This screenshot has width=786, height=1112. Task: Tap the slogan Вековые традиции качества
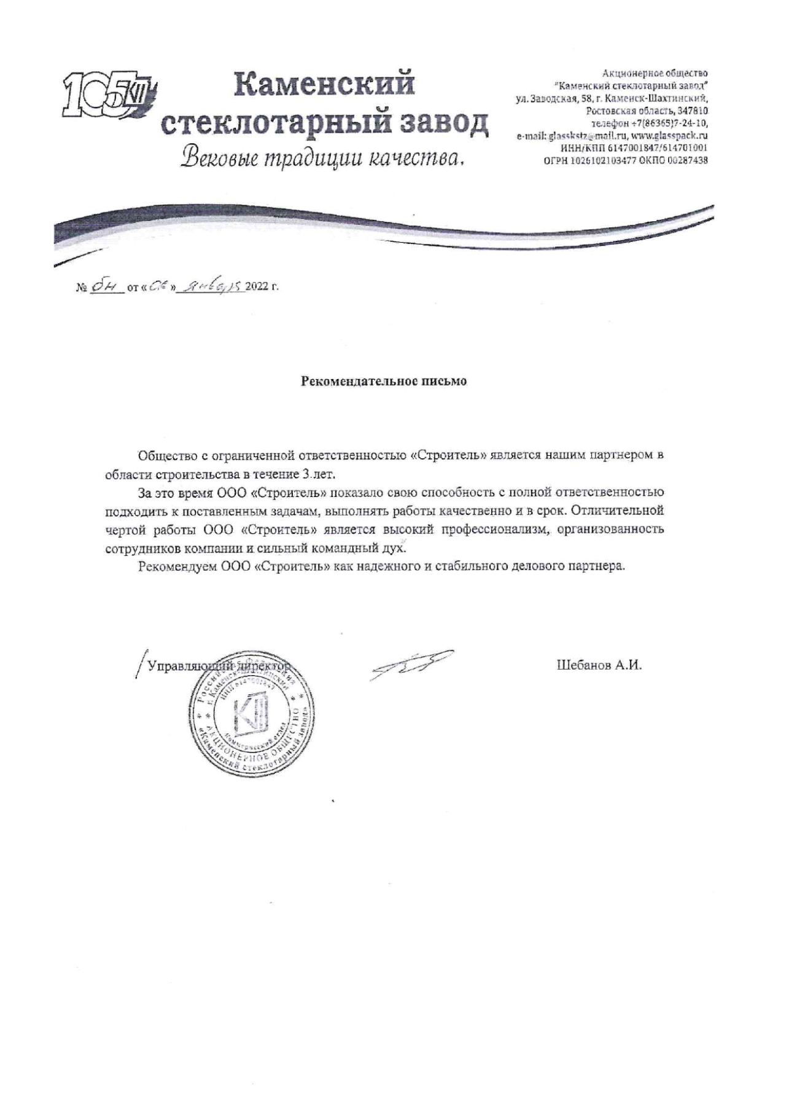tap(321, 158)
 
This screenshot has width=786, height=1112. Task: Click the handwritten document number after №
tap(102, 286)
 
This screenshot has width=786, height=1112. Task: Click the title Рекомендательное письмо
tap(384, 382)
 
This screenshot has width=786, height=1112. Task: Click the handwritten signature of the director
tap(411, 665)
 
